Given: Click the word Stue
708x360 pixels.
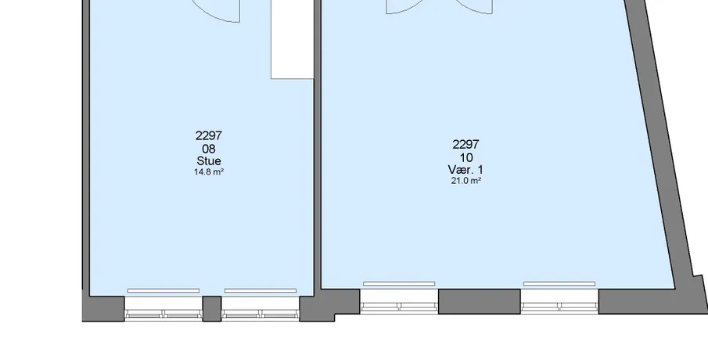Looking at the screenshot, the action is [209, 160].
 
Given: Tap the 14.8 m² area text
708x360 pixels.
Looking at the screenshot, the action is [209, 172].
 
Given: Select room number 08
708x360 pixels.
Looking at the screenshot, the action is [209, 149].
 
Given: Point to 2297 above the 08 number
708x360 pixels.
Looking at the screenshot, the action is [209, 135].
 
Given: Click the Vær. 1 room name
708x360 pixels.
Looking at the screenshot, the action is [465, 169].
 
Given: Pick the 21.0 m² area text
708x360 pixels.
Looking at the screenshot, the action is [466, 181].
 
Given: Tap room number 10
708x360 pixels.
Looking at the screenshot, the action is [466, 157].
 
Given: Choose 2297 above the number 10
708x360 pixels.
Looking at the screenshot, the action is [465, 145].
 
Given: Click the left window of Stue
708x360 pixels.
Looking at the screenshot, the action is [164, 309].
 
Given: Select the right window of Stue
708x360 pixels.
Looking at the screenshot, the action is [260, 309].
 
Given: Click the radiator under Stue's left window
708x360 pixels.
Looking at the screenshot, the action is [164, 290].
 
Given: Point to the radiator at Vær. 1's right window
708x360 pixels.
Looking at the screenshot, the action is [559, 283].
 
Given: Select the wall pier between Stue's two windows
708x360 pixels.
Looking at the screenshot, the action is [212, 309].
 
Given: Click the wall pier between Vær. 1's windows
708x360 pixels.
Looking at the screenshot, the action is [479, 302].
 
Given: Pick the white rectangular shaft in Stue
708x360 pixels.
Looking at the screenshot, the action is [292, 39].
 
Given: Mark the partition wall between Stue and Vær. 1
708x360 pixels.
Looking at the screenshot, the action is [318, 145].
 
